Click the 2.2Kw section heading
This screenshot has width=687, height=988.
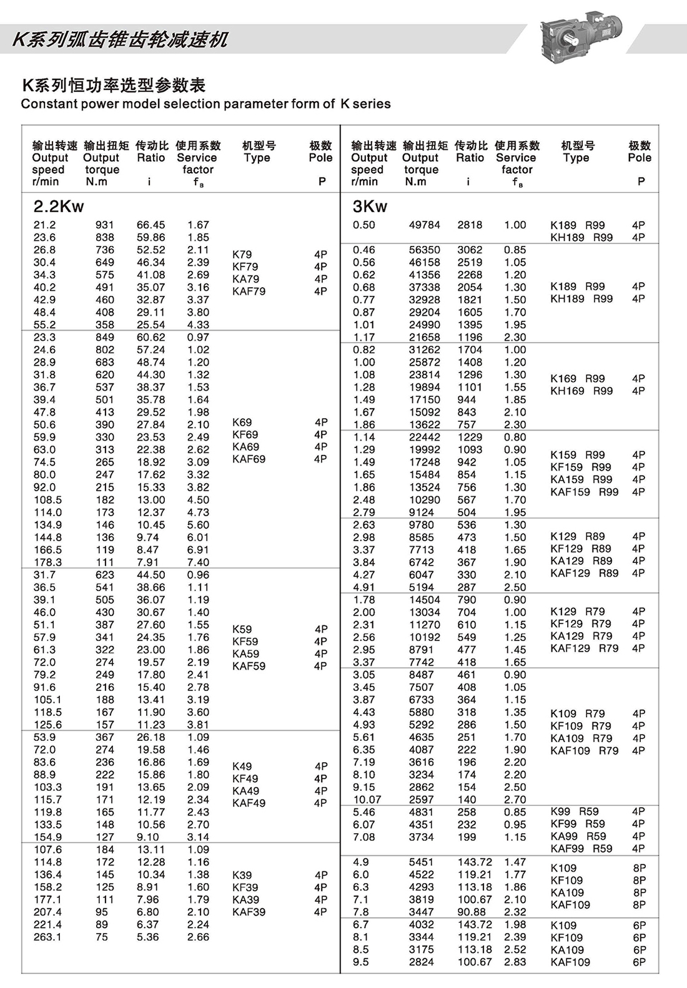tap(59, 207)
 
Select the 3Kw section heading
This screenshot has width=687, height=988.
tap(370, 207)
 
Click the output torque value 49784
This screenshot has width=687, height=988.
tap(425, 225)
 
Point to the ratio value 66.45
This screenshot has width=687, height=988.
tap(151, 225)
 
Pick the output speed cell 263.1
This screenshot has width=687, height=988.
tap(48, 937)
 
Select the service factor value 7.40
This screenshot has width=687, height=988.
tap(198, 562)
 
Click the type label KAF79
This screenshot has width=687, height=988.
tap(249, 291)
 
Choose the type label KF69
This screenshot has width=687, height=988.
tap(245, 434)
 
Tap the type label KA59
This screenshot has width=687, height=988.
tap(245, 654)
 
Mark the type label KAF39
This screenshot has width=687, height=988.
tap(249, 912)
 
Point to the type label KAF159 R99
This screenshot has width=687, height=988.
tap(584, 492)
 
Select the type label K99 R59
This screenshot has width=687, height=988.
tap(575, 811)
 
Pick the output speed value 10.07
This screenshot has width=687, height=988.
tap(367, 800)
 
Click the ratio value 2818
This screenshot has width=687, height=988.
tap(470, 225)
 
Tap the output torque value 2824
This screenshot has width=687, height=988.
tap(422, 962)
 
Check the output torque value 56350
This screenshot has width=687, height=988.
tap(425, 250)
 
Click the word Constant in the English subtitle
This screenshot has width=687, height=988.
tap(46, 104)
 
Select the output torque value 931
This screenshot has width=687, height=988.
tap(105, 225)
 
